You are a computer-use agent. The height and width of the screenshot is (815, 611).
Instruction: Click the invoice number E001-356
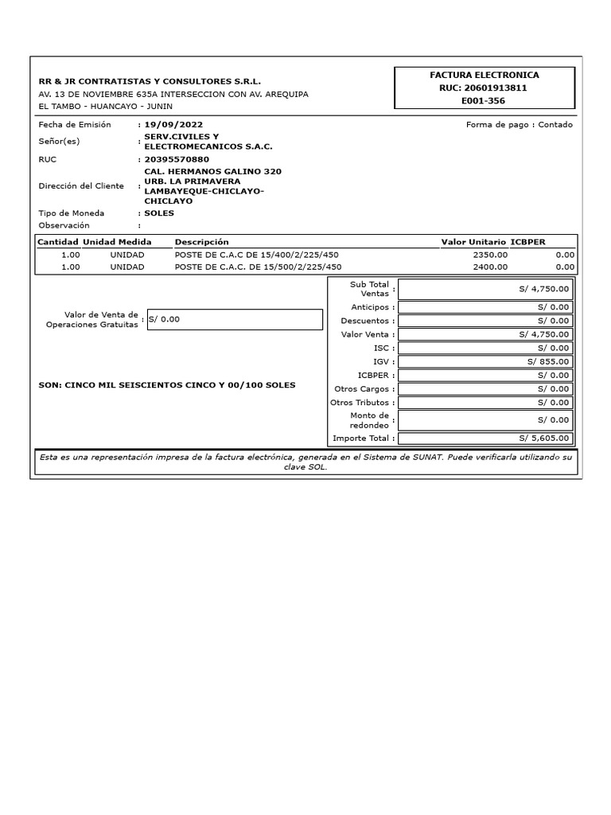(483, 101)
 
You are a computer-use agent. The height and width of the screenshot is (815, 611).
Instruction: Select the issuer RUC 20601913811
(483, 88)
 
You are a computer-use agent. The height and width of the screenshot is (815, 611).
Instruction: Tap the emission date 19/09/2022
(173, 125)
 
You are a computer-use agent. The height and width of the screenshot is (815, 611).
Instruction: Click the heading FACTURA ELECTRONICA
(484, 75)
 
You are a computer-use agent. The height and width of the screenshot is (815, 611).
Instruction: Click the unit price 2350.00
(489, 255)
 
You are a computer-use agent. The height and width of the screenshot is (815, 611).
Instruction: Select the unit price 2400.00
(489, 267)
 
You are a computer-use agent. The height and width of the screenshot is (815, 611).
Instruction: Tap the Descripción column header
(201, 242)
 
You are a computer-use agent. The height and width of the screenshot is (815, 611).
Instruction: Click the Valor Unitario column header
(473, 242)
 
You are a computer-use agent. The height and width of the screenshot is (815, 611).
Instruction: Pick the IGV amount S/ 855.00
(548, 361)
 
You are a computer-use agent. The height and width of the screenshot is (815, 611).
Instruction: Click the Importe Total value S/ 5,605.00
(544, 438)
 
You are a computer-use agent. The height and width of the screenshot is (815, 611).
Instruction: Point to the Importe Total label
(361, 438)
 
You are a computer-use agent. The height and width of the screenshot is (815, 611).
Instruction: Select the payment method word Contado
(555, 125)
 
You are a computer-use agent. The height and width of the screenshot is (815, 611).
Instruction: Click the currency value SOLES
(159, 213)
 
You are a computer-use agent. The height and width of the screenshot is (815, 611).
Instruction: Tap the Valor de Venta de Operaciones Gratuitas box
(235, 319)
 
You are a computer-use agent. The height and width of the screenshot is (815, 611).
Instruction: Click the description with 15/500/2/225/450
(258, 267)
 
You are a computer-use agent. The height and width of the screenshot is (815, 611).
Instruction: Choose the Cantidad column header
(58, 242)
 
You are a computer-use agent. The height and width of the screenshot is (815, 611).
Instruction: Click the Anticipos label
(370, 307)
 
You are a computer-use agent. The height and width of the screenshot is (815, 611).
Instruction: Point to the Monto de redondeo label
(369, 420)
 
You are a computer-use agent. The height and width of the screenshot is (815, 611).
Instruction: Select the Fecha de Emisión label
(75, 125)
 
